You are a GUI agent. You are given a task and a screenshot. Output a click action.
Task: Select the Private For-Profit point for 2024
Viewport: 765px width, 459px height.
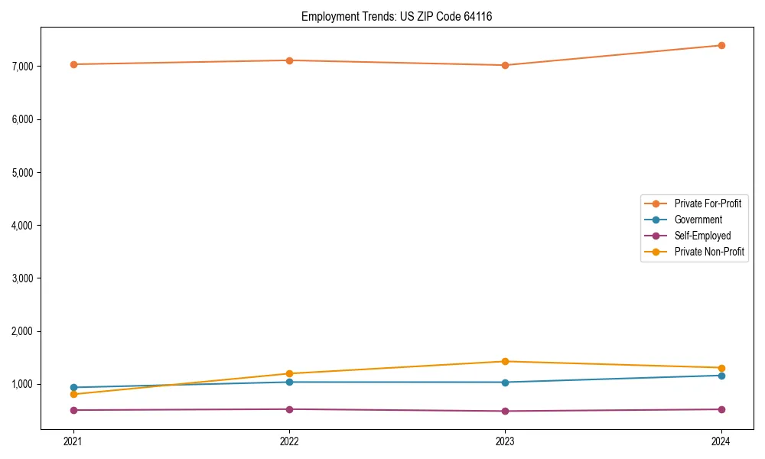coord(721,45)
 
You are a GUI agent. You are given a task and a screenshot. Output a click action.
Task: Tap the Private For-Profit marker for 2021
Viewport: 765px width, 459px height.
coord(73,64)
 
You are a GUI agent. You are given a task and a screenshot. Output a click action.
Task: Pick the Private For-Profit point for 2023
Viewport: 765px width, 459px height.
coord(505,65)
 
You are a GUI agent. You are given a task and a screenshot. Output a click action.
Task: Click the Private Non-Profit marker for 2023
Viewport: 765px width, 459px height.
coord(505,361)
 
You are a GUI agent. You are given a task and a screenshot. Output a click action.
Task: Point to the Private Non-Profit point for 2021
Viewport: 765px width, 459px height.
coord(73,394)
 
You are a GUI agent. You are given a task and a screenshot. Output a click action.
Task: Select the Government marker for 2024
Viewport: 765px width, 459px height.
coord(721,376)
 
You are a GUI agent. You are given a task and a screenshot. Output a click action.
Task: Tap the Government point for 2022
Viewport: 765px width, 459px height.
coord(289,382)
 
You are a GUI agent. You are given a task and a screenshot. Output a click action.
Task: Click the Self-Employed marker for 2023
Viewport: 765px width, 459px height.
coord(505,411)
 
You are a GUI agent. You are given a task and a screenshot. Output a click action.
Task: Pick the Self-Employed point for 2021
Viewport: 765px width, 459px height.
coord(73,410)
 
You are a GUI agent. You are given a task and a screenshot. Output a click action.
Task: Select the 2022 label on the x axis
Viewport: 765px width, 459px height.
coord(289,441)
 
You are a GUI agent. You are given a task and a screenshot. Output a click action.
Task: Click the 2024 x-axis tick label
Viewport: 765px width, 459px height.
coord(721,441)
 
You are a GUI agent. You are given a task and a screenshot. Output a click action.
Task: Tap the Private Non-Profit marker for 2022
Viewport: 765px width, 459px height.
coord(289,373)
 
